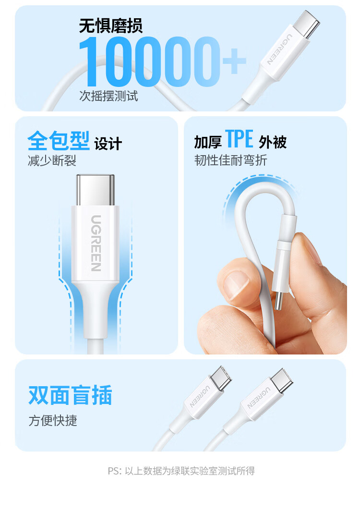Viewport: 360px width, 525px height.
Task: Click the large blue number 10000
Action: point(150,61)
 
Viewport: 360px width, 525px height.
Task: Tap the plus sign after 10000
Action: point(234,61)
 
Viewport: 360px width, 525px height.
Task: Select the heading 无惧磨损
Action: point(111,26)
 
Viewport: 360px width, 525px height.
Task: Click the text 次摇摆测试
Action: point(108,96)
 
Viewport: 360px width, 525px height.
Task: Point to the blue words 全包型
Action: point(59,141)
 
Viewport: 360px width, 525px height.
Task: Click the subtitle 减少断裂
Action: point(52,161)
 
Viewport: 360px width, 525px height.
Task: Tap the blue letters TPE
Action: point(239,139)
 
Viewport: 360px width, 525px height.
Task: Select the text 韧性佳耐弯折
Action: point(230,160)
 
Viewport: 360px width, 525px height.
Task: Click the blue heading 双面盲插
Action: point(70,395)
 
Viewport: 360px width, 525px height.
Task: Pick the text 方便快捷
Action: point(53,421)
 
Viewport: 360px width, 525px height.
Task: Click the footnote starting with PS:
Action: point(181,471)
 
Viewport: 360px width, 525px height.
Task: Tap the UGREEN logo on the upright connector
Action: point(96,243)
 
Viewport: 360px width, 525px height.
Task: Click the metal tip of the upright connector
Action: point(96,190)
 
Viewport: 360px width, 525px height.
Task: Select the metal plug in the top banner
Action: point(306,24)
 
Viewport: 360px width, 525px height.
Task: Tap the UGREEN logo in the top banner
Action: point(280,49)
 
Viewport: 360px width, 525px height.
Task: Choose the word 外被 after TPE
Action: point(273,142)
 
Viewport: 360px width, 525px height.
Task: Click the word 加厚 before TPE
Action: point(208,142)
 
